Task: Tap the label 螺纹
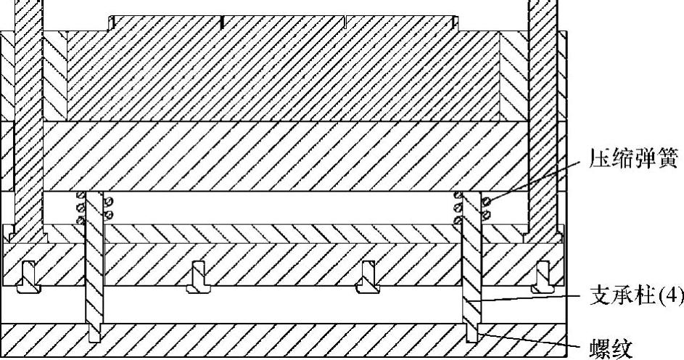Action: (614, 348)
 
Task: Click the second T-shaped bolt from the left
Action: (197, 278)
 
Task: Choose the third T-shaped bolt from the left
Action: (367, 278)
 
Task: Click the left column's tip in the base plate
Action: (95, 336)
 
